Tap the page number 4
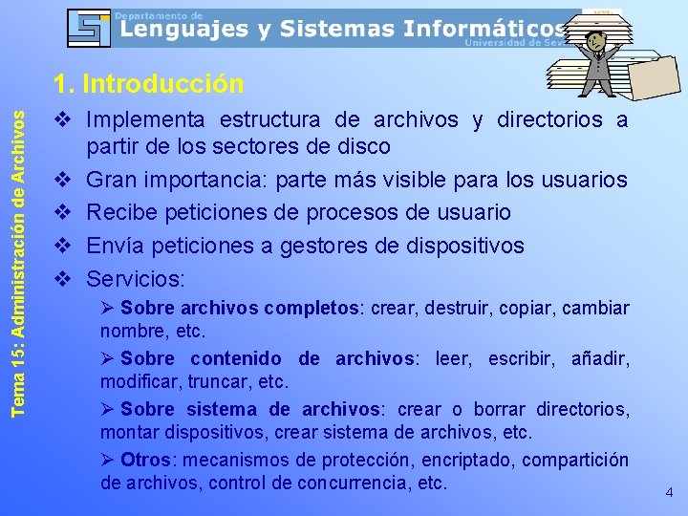click(x=669, y=493)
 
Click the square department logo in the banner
click(x=90, y=28)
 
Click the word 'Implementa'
click(x=147, y=120)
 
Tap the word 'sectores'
click(x=279, y=147)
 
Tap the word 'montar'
click(x=131, y=432)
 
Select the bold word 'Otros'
click(x=145, y=460)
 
